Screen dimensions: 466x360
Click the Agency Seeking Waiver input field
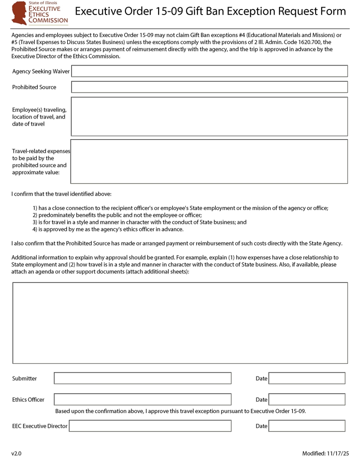click(209, 71)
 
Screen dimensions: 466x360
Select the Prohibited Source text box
click(209, 87)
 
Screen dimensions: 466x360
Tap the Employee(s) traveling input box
click(209, 116)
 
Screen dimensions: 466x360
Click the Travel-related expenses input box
click(209, 161)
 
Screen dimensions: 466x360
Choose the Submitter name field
click(142, 378)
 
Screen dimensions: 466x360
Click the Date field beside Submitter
click(307, 378)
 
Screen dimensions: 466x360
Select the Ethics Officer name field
click(142, 399)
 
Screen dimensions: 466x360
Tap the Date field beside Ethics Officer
click(307, 399)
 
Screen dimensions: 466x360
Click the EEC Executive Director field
click(150, 426)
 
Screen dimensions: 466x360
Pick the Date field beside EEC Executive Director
click(307, 426)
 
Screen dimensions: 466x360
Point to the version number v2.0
click(16, 453)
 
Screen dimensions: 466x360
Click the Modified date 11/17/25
click(337, 453)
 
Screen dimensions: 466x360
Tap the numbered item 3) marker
click(35, 222)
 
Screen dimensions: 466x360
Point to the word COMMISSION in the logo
click(48, 20)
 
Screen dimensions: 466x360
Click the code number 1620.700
click(310, 42)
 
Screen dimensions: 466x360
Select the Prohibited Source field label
click(34, 87)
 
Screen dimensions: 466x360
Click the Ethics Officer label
click(28, 400)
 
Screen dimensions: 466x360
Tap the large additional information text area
click(180, 323)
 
